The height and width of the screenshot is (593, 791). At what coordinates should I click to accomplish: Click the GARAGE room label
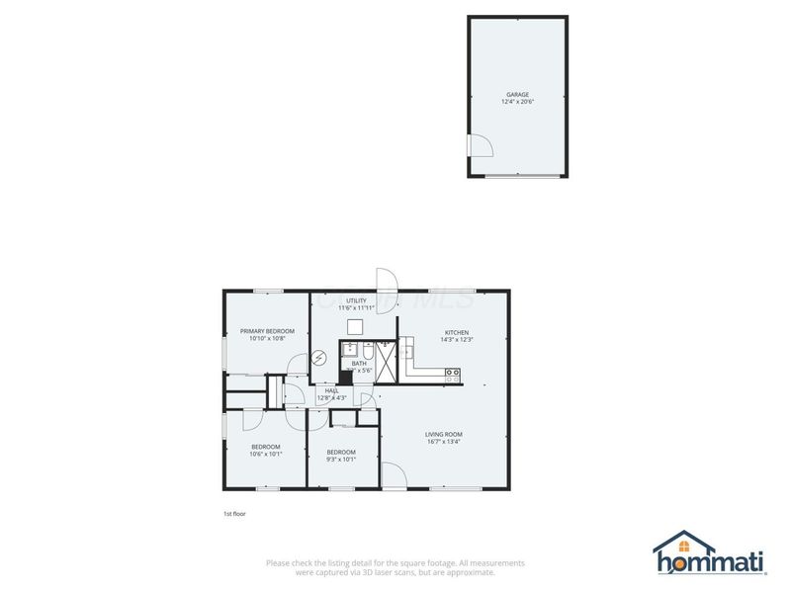click(x=517, y=94)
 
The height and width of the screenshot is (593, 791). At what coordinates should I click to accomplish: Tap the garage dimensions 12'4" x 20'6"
click(x=517, y=102)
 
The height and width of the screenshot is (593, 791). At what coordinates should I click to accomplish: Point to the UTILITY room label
click(x=356, y=300)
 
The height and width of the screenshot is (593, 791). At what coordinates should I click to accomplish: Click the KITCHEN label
click(x=456, y=332)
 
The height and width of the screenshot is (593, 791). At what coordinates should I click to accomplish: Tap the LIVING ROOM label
click(x=444, y=434)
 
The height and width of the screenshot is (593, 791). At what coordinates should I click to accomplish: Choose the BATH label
click(x=359, y=363)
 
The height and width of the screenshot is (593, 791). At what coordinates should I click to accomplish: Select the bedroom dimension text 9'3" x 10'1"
click(x=341, y=459)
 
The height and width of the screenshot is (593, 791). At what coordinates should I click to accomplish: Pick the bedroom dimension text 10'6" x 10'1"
click(x=266, y=455)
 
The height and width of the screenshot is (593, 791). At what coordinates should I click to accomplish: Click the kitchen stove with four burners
click(x=453, y=375)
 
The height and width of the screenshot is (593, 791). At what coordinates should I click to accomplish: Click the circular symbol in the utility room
click(x=318, y=359)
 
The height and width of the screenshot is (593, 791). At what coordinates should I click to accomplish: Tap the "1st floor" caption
click(x=234, y=514)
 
